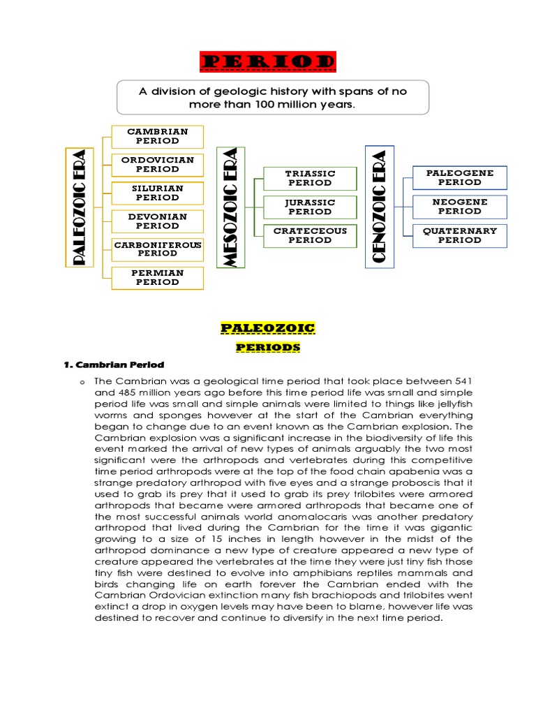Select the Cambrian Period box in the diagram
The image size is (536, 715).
point(157,136)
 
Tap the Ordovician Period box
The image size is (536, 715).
point(157,165)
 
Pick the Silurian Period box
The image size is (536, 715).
point(157,193)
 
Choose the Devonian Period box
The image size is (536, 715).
point(157,221)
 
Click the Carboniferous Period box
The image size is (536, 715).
point(157,249)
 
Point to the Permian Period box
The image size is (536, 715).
point(157,277)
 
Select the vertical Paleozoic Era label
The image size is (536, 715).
point(79,207)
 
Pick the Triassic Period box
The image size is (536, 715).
point(310,178)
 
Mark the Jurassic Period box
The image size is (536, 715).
point(310,207)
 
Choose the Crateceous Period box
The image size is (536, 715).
point(310,235)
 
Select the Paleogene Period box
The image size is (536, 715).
point(459,177)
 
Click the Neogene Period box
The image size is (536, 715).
point(459,207)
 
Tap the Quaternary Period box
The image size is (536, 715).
point(459,235)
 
